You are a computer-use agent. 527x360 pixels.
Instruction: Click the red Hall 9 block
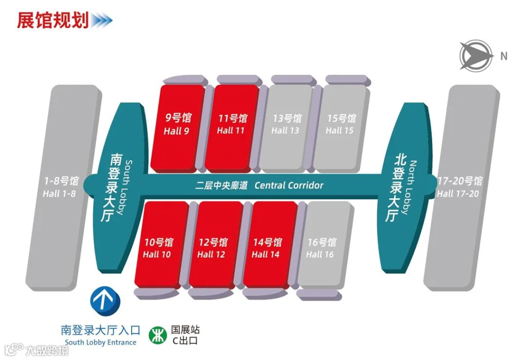pos(177,128)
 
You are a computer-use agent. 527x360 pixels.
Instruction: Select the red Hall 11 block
pos(232,128)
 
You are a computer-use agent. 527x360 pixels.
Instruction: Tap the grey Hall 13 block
pos(286,128)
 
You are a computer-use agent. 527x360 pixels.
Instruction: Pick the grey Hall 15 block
pos(341,128)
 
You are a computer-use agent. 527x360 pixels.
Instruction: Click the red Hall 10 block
pos(162,245)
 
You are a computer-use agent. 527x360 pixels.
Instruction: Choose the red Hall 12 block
pos(216,245)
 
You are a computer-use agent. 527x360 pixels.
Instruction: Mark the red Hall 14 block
pos(271,245)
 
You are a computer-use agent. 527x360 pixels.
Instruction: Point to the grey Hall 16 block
pos(325,245)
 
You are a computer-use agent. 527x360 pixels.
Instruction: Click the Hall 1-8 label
pos(59,194)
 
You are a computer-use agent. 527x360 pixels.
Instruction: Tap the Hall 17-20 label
pos(458,194)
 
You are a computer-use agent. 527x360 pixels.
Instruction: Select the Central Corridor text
pos(289,185)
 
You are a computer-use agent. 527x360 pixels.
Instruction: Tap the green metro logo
pos(157,335)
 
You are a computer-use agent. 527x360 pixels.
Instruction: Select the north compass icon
pos(476,55)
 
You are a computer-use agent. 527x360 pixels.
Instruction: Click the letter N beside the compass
pos(503,56)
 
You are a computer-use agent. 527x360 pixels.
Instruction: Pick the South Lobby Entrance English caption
pos(100,342)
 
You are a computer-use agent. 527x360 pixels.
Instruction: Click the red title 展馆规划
pos(53,20)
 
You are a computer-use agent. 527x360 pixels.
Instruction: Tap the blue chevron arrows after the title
pos(101,21)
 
